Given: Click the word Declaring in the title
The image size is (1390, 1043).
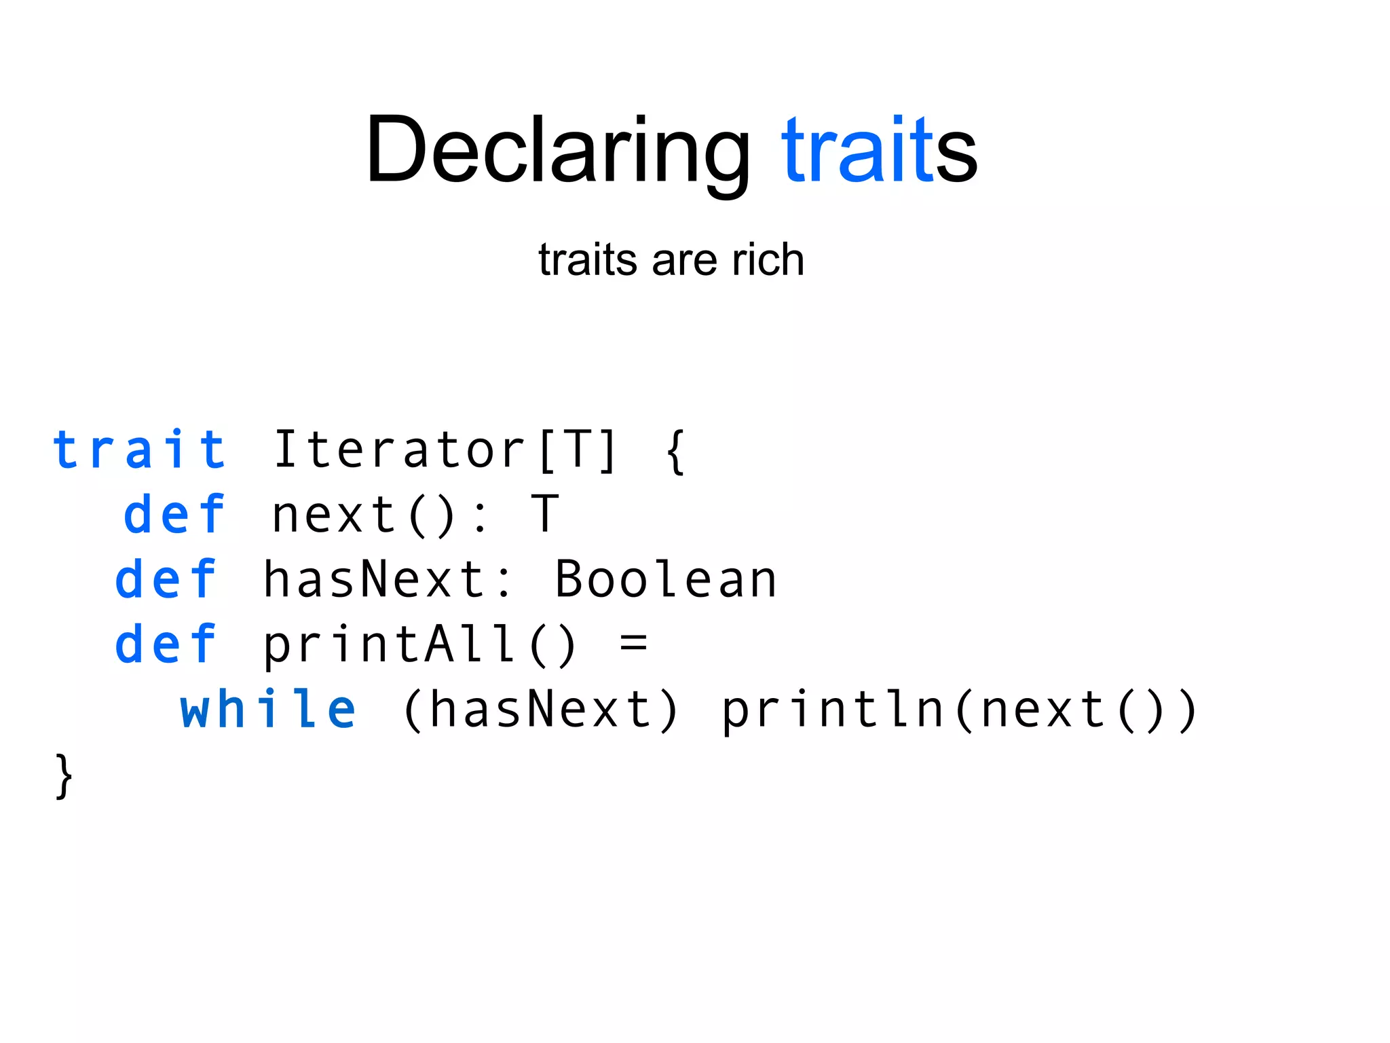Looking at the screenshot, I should [x=557, y=151].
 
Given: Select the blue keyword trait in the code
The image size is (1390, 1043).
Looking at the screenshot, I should [x=139, y=450].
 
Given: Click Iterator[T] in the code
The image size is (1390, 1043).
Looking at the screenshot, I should [x=445, y=450].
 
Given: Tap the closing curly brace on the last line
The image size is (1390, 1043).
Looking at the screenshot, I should [x=64, y=775].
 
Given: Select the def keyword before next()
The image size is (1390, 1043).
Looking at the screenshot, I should [x=174, y=514].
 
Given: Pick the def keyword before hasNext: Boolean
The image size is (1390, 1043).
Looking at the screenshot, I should [x=166, y=579].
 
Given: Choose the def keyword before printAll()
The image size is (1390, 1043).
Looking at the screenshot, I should [x=166, y=644].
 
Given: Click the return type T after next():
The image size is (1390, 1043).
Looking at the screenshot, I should [x=546, y=514].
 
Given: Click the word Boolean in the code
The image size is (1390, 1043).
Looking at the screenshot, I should [x=666, y=579].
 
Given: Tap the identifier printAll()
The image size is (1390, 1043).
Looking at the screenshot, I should [x=419, y=644].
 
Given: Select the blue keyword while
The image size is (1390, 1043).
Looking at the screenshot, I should [x=267, y=709].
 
